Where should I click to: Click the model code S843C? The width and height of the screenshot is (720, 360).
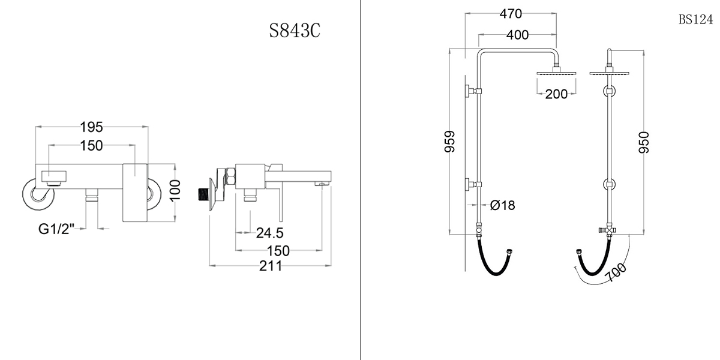(294, 31)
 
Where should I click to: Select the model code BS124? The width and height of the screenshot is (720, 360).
(695, 19)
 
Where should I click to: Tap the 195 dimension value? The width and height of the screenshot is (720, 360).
(92, 127)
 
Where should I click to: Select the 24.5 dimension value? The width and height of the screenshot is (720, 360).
(269, 232)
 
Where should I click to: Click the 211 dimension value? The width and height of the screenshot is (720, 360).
(271, 266)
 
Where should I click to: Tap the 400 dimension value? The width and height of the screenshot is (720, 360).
(517, 35)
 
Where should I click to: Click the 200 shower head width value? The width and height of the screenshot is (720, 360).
(557, 94)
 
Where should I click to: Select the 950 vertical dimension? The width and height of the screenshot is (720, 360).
(644, 142)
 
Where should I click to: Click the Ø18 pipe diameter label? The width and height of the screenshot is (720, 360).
(502, 205)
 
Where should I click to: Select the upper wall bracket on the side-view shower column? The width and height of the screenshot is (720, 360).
(471, 91)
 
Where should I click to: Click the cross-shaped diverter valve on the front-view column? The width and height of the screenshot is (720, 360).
(610, 231)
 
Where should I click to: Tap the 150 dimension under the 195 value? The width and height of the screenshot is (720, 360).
(91, 145)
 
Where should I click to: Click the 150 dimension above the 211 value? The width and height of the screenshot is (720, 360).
(278, 250)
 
